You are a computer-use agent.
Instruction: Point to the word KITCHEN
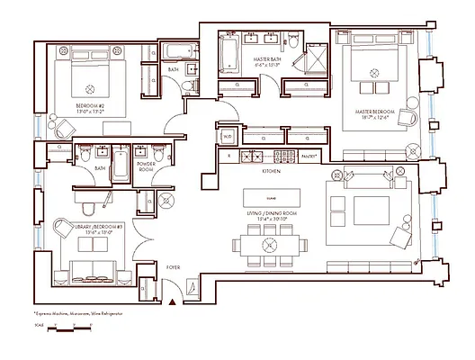(x=272, y=170)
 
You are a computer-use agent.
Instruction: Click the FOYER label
(x=173, y=266)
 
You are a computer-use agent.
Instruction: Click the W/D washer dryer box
(x=227, y=137)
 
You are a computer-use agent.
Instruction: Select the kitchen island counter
(x=273, y=196)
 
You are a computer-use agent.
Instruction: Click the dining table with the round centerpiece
(x=267, y=244)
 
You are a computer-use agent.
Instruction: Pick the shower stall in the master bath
(x=316, y=57)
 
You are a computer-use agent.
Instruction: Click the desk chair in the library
(x=61, y=229)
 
